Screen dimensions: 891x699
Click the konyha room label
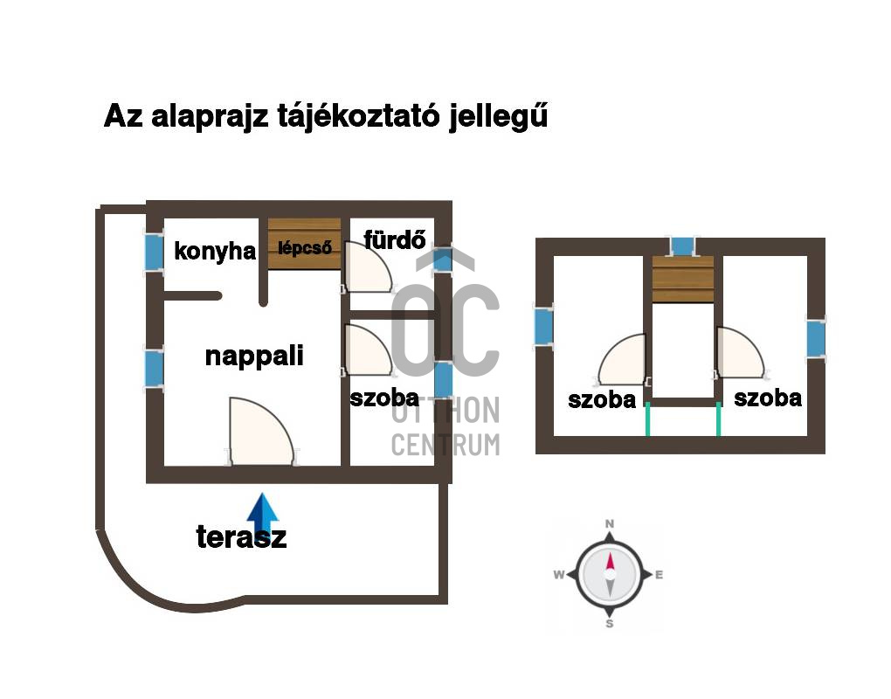215,251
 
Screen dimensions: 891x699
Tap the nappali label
254,356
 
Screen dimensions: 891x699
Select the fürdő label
394,239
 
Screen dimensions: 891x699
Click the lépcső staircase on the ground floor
305,244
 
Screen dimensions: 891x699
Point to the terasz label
241,537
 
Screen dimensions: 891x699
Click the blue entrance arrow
263,516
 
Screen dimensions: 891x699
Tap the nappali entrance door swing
261,432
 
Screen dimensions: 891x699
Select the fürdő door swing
369,266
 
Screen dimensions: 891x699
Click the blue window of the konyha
154,251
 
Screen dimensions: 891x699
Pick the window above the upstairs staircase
682,246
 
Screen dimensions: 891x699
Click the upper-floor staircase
682,279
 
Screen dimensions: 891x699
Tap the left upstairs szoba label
602,400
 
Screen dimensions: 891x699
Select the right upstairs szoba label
768,398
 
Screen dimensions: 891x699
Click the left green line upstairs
647,419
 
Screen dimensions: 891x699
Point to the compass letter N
609,523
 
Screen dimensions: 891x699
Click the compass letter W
559,575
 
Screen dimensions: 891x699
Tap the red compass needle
610,561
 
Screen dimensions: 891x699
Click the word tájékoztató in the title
358,116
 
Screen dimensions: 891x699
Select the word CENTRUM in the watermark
446,445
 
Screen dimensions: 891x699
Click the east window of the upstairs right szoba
816,339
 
